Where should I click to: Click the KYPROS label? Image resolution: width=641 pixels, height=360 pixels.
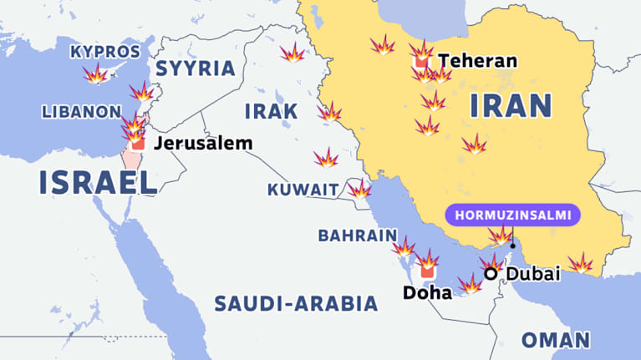[104, 52]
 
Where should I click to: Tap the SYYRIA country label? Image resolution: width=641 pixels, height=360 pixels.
[196, 68]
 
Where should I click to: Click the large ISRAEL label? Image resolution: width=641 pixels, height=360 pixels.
[98, 182]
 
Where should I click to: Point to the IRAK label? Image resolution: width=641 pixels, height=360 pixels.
[271, 111]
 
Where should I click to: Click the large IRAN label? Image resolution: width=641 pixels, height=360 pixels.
[511, 106]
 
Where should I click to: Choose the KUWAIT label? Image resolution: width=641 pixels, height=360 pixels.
[303, 190]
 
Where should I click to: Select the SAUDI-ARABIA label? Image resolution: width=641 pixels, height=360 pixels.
[296, 303]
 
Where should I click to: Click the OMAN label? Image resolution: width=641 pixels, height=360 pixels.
[556, 340]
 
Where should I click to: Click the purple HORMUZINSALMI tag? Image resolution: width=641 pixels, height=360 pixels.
[512, 215]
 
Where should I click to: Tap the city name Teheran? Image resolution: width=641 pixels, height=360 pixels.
[478, 61]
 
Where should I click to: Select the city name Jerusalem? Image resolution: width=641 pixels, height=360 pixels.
[202, 143]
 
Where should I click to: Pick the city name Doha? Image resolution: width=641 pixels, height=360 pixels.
[427, 292]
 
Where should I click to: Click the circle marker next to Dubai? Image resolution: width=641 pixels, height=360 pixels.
[491, 273]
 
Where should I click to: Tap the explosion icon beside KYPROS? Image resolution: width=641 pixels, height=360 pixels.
[95, 74]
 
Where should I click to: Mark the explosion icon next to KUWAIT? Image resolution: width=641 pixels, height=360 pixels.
[359, 189]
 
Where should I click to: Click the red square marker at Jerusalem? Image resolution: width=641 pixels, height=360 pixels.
[139, 144]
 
